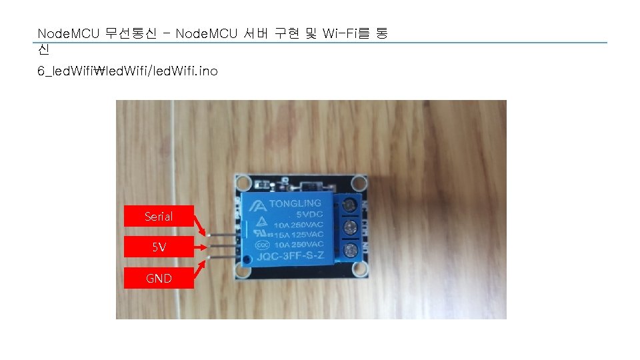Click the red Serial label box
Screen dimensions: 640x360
tap(159, 217)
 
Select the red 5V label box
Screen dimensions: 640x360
tap(159, 247)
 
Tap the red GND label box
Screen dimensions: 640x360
tap(159, 278)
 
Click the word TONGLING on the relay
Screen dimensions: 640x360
tap(295, 203)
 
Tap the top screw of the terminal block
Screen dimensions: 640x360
tap(347, 206)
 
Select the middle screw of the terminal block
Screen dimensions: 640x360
tap(347, 228)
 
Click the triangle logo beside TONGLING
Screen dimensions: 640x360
tap(257, 205)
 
